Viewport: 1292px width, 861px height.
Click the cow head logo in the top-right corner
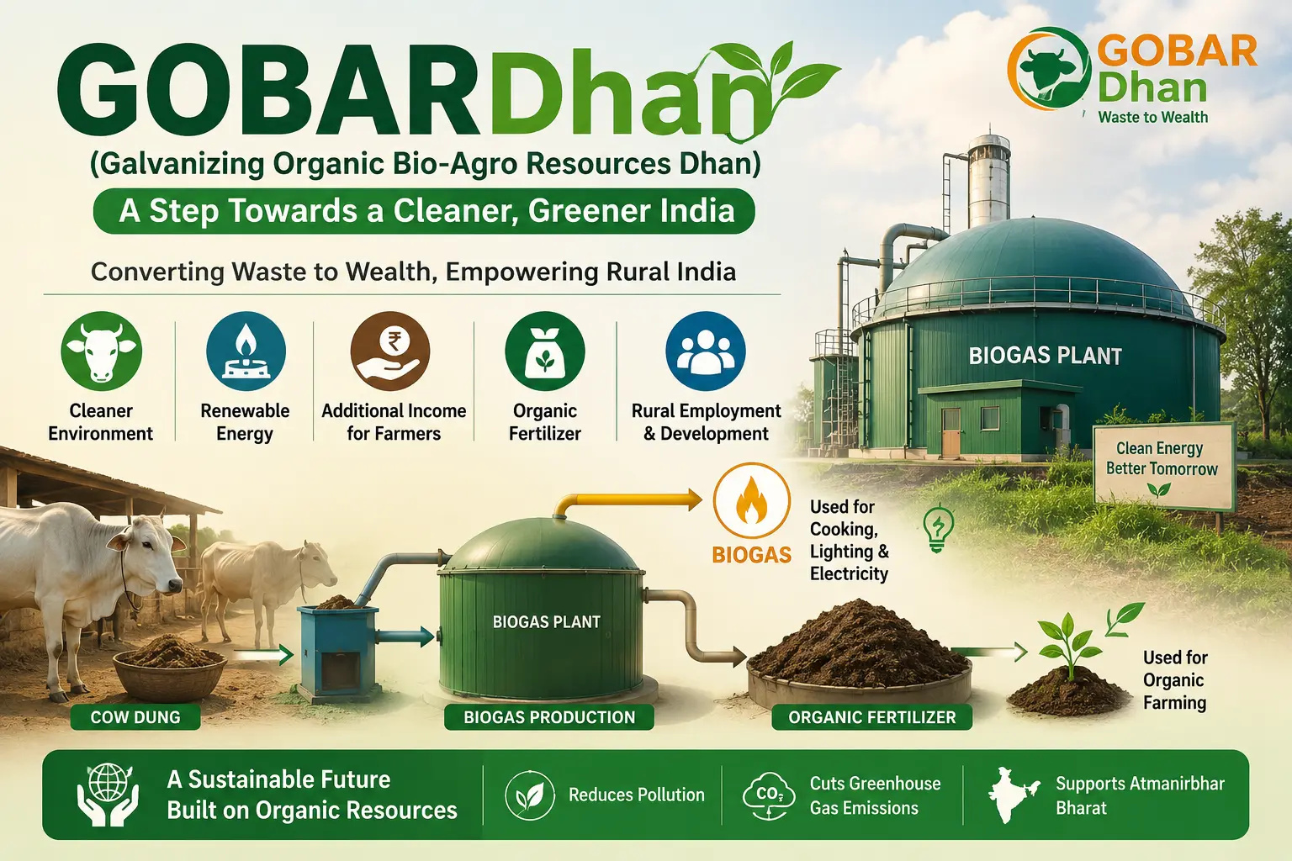(x=1050, y=69)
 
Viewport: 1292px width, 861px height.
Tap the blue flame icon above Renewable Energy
(x=246, y=351)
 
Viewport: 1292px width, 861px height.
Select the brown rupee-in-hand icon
(x=390, y=351)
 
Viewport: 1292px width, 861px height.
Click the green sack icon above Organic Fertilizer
(x=545, y=351)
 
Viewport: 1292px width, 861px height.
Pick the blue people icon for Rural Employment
(x=706, y=351)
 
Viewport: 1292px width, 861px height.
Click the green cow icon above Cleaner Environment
(x=102, y=351)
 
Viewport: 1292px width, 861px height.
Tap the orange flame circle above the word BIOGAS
(x=751, y=501)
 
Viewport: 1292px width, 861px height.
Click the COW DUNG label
(x=135, y=717)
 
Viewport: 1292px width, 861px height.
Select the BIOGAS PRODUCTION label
(x=549, y=717)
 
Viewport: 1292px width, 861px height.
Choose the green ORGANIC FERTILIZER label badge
(x=872, y=717)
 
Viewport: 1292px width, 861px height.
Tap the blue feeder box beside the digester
(x=336, y=651)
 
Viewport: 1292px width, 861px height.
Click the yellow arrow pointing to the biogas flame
(x=627, y=502)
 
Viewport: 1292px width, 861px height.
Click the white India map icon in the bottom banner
(x=1014, y=794)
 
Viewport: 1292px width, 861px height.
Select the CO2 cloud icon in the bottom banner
(x=770, y=795)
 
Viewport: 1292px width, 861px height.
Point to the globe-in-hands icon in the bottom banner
(x=109, y=794)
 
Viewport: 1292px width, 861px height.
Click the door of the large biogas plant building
(x=951, y=431)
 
